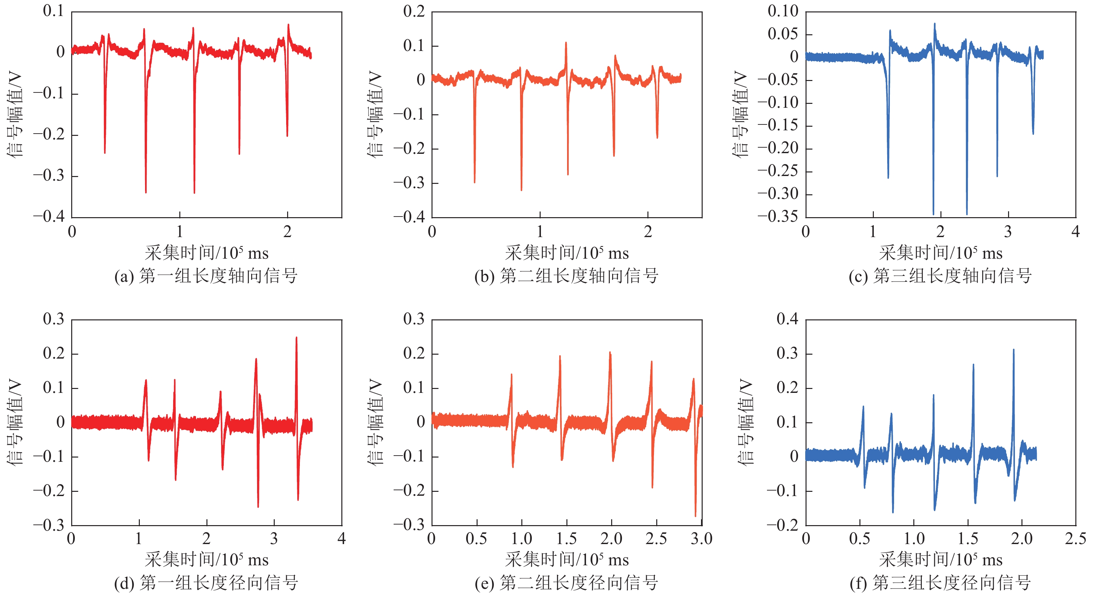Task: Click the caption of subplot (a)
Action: coord(206,276)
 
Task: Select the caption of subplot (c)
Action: coord(940,276)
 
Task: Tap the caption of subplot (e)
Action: coord(566,583)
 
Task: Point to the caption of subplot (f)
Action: coord(940,583)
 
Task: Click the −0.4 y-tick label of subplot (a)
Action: coord(49,217)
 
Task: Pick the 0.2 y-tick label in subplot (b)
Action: coord(414,11)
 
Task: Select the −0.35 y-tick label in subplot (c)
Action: coord(777,217)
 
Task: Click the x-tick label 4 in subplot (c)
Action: coord(1075,232)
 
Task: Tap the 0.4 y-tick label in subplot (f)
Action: coord(787,319)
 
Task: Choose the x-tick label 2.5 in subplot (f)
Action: coord(1075,539)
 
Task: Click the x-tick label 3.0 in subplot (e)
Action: coord(701,539)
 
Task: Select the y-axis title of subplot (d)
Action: coord(15,422)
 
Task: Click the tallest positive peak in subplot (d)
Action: coord(296,338)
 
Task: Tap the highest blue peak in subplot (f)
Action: coord(1014,350)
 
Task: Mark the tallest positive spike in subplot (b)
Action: coord(565,43)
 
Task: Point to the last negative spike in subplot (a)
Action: coord(287,135)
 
